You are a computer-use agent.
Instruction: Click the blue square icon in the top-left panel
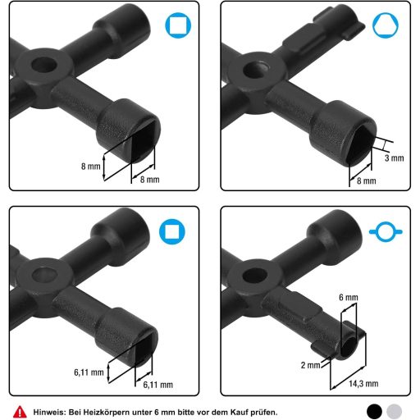click(178, 25)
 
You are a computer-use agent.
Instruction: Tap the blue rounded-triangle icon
click(386, 25)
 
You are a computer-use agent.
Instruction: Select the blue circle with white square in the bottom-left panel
click(172, 231)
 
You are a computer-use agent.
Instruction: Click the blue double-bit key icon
click(386, 232)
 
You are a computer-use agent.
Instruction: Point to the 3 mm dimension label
click(394, 158)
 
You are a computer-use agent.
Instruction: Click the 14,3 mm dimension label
click(363, 384)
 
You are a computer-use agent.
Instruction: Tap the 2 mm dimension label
click(310, 365)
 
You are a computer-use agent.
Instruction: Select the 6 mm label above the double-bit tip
click(349, 297)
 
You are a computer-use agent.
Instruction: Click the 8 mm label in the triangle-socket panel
click(367, 180)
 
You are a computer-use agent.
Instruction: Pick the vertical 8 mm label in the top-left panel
click(91, 167)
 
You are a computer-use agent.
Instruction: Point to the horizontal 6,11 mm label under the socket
click(158, 385)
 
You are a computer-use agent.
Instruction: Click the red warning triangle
click(20, 412)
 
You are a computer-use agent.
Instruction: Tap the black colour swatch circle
click(374, 412)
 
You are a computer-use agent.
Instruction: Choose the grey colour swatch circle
click(395, 412)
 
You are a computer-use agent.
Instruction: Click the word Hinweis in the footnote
click(49, 412)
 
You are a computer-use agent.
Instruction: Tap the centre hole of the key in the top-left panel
click(44, 65)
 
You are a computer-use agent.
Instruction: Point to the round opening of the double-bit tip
click(349, 347)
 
